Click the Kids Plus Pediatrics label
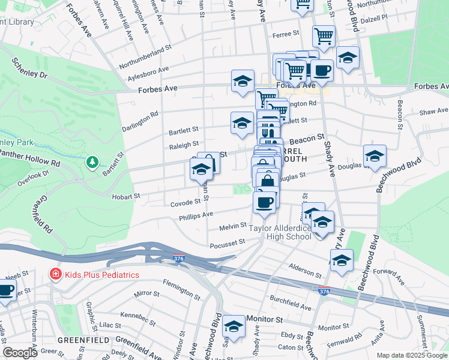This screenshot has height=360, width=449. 102,275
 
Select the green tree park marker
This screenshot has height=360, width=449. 92,162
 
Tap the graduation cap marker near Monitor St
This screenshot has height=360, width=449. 234,326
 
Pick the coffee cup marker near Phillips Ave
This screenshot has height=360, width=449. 265,202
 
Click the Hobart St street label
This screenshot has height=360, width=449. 125,196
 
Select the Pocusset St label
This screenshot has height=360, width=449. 228,242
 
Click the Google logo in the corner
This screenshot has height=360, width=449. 20,352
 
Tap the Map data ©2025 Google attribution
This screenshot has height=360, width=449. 411,355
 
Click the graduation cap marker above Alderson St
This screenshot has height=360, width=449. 342,260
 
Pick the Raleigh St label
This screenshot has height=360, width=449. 184,145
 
